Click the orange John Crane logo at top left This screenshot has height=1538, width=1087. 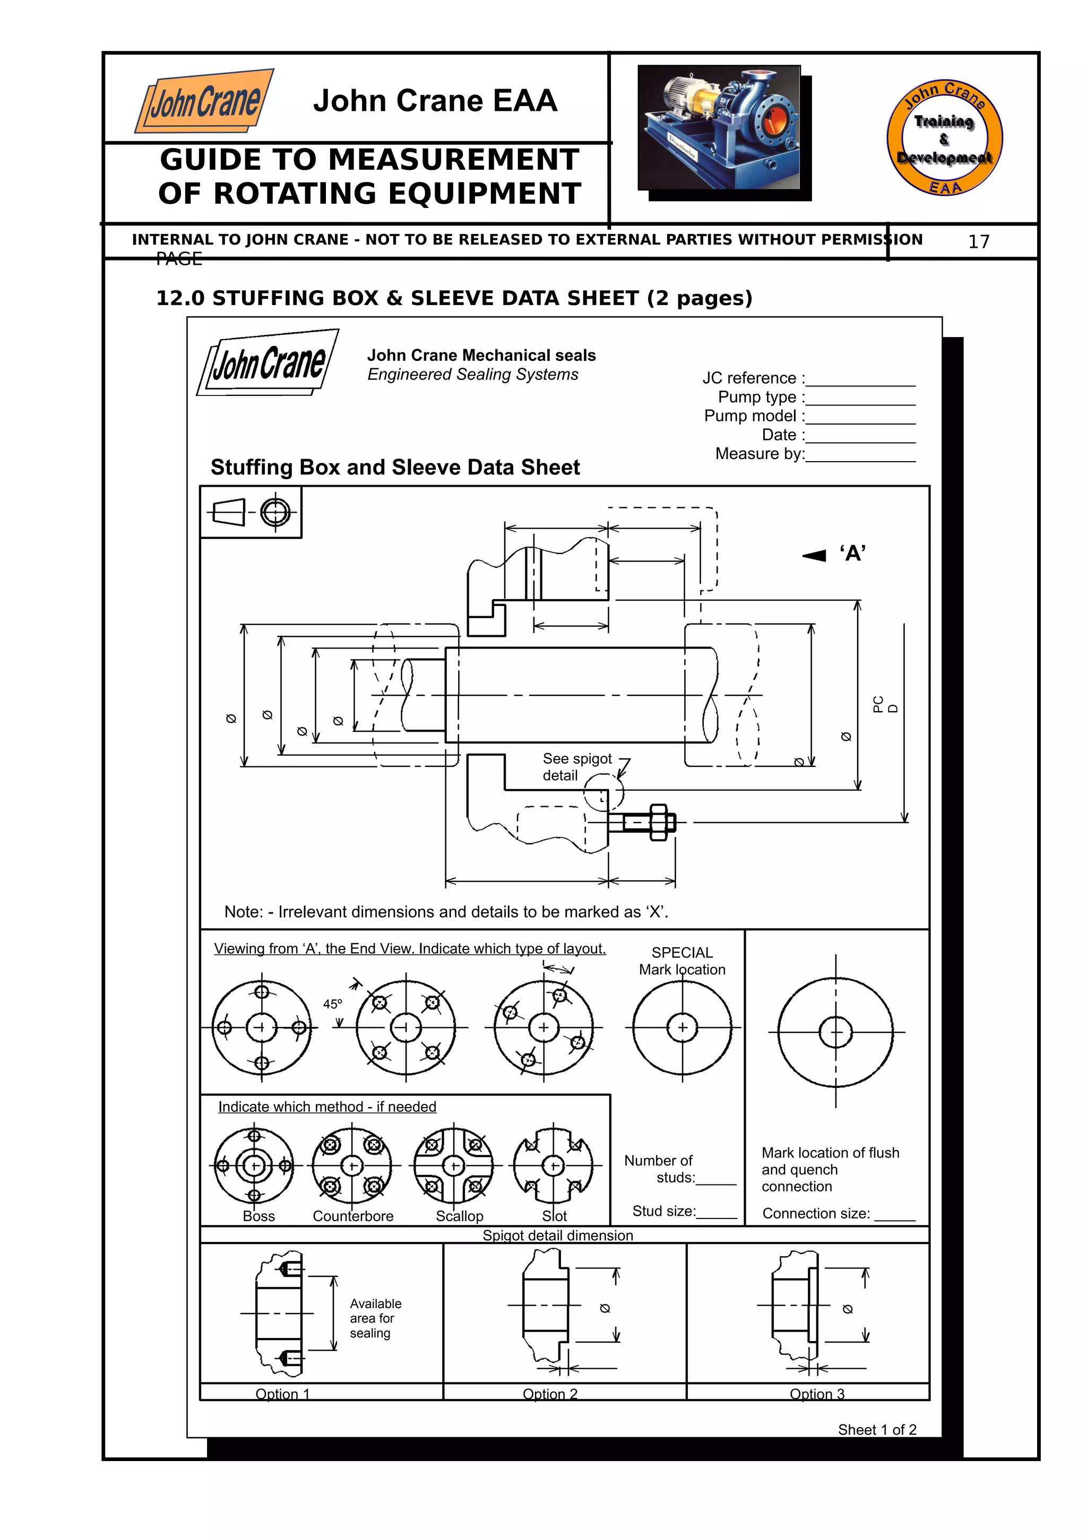204,100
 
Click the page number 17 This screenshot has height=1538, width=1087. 979,242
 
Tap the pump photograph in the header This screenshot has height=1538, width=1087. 719,127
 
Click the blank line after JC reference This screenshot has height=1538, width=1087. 860,380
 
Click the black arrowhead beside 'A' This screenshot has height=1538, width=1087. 814,555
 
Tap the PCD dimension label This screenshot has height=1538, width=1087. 885,704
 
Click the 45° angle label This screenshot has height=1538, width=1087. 332,1004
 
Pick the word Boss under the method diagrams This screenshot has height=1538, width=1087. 258,1216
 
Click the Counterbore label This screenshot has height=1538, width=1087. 353,1216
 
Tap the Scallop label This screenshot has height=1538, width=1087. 460,1216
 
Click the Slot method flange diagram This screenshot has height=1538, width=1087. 553,1166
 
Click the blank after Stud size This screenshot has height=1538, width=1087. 717,1213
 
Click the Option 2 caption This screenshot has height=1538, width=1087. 550,1394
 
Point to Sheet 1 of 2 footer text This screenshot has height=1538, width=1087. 877,1430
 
